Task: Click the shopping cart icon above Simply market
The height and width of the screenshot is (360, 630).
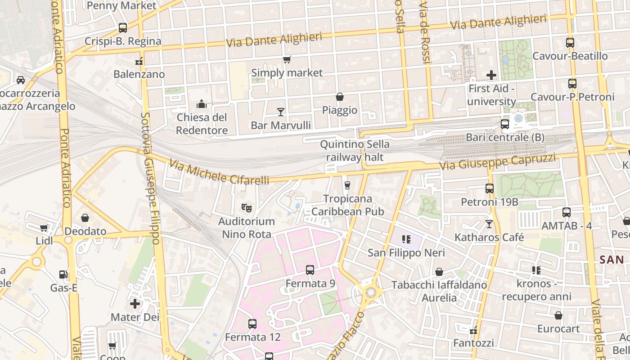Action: (287, 59)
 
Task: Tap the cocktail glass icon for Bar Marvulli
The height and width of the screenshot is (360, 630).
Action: (281, 112)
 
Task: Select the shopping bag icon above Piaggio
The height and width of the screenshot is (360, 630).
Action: (340, 97)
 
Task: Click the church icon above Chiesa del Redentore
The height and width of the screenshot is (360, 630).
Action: (202, 104)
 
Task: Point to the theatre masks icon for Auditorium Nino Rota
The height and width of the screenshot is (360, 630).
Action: (246, 208)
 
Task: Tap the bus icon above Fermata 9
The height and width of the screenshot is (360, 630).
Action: (310, 270)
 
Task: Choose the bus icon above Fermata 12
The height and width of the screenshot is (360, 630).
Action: (252, 324)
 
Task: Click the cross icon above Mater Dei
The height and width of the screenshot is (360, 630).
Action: (135, 304)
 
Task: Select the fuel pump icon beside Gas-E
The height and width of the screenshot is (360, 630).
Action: (63, 274)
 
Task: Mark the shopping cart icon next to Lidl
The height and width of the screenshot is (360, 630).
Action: (44, 228)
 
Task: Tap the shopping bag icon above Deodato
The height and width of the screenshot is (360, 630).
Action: (85, 218)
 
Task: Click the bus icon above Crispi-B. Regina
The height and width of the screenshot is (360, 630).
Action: (123, 28)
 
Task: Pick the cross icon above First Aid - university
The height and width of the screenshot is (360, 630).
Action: (491, 75)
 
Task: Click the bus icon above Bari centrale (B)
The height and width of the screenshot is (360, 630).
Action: (505, 124)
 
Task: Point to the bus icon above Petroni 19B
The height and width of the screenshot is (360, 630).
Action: (490, 189)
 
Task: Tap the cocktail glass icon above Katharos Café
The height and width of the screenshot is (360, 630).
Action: (489, 224)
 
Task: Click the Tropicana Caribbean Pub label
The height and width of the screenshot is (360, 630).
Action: (348, 205)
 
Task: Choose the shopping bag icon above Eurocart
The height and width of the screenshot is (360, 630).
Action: (558, 315)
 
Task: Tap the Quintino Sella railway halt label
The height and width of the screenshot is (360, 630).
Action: (355, 151)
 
